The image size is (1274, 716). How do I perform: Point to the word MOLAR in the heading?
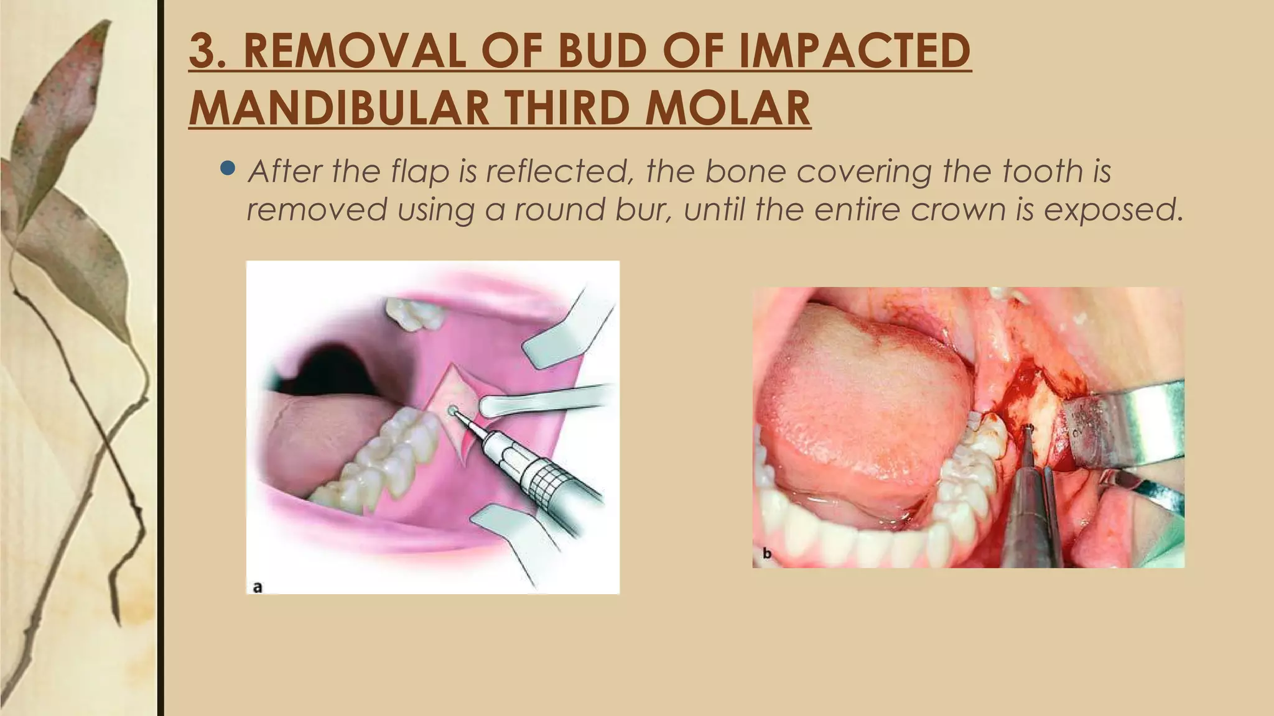pyautogui.click(x=727, y=108)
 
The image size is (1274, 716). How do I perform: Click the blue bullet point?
pyautogui.click(x=228, y=168)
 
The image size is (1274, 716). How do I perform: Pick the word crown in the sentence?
pyautogui.click(x=957, y=209)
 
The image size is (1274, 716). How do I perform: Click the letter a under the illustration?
pyautogui.click(x=258, y=586)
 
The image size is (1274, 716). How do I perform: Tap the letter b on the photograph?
pyautogui.click(x=767, y=553)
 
